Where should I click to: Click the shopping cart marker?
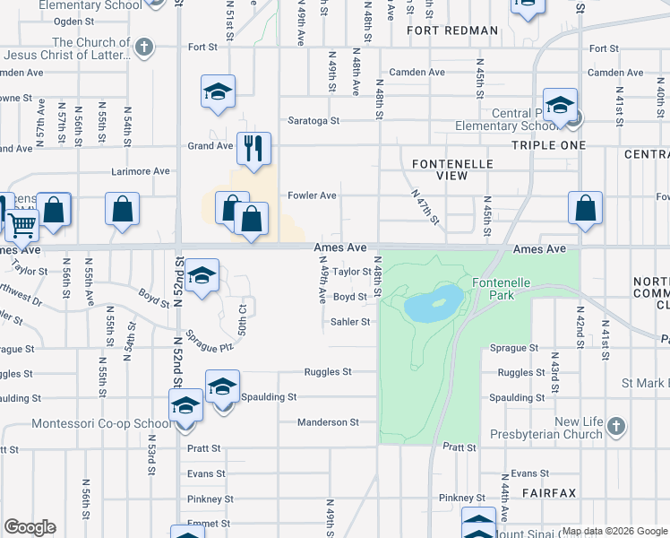pos(22,223)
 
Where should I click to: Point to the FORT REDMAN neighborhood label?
pos(452,30)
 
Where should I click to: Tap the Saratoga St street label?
pos(314,120)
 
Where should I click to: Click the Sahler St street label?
pos(350,321)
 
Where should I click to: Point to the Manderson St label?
pos(329,421)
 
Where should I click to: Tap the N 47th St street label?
pos(425,207)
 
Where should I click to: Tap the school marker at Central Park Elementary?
pos(560,105)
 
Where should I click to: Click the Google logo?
pos(30,527)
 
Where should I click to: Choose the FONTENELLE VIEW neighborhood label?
pos(440,169)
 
